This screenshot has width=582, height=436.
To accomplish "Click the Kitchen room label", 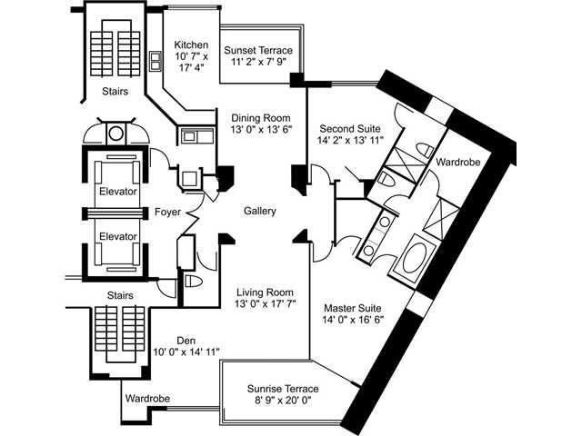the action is (x=191, y=45).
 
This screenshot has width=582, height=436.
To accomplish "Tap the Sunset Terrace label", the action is (x=258, y=50).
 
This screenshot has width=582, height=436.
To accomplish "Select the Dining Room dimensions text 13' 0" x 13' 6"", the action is (x=261, y=129).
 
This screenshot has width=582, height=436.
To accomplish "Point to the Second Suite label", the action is (x=350, y=129).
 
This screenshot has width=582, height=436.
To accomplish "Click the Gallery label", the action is (x=260, y=211).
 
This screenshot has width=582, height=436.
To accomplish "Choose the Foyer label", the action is (x=167, y=212).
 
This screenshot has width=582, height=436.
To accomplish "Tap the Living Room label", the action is (x=265, y=292).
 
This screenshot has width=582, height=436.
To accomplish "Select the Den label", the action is (x=186, y=341).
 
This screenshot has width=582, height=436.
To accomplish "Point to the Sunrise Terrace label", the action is (x=283, y=389).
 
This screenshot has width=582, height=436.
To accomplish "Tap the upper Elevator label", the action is (x=118, y=192).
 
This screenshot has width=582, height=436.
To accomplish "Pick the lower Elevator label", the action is (x=118, y=236).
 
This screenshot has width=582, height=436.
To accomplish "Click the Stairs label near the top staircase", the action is (x=115, y=91).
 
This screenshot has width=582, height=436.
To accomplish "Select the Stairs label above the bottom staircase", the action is (x=120, y=295).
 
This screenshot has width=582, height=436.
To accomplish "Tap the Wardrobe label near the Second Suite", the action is (x=457, y=162).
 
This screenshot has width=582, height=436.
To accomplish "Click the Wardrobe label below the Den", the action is (x=147, y=399).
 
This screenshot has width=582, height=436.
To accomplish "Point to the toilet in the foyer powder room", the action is (x=194, y=282).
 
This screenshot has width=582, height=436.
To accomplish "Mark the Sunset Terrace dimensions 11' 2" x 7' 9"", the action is (x=258, y=62).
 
